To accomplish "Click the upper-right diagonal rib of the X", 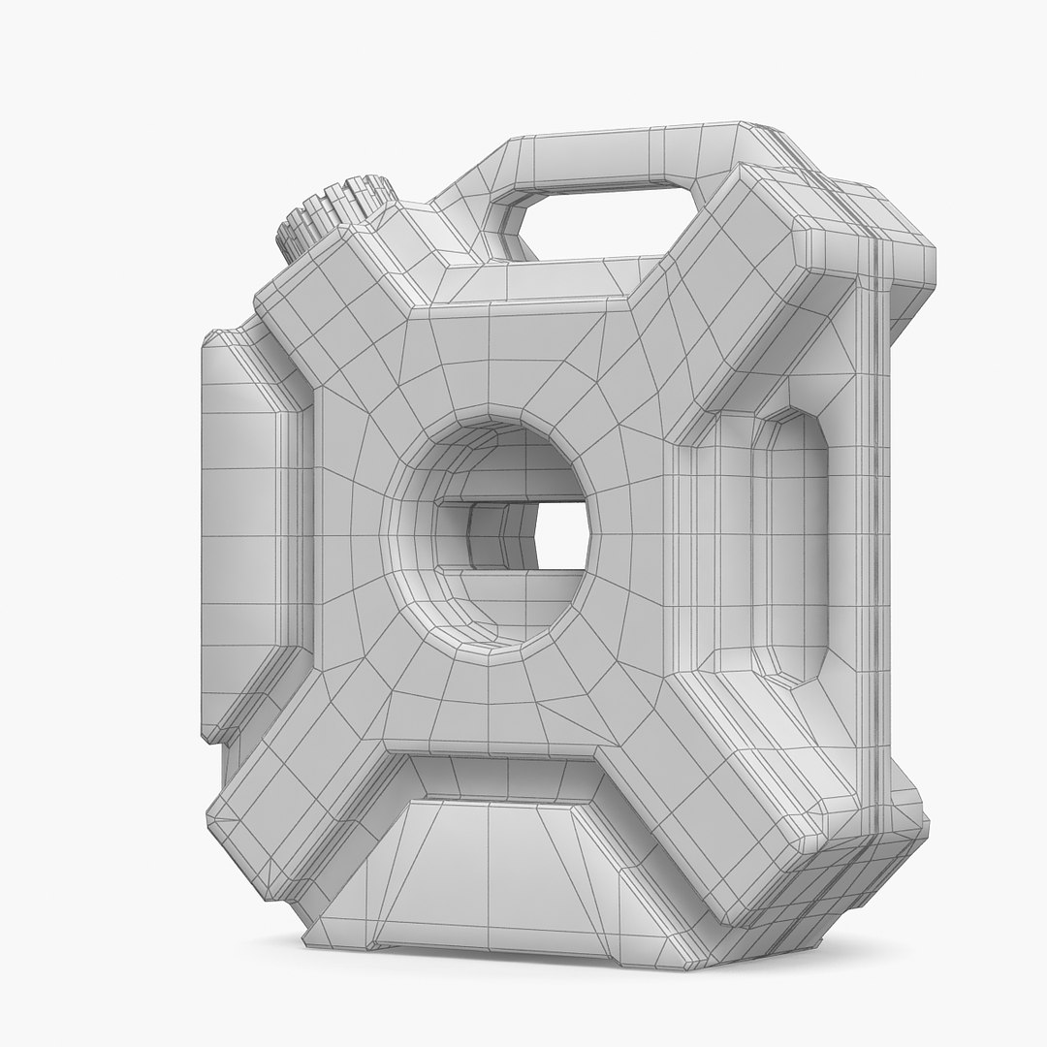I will click(x=737, y=291).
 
